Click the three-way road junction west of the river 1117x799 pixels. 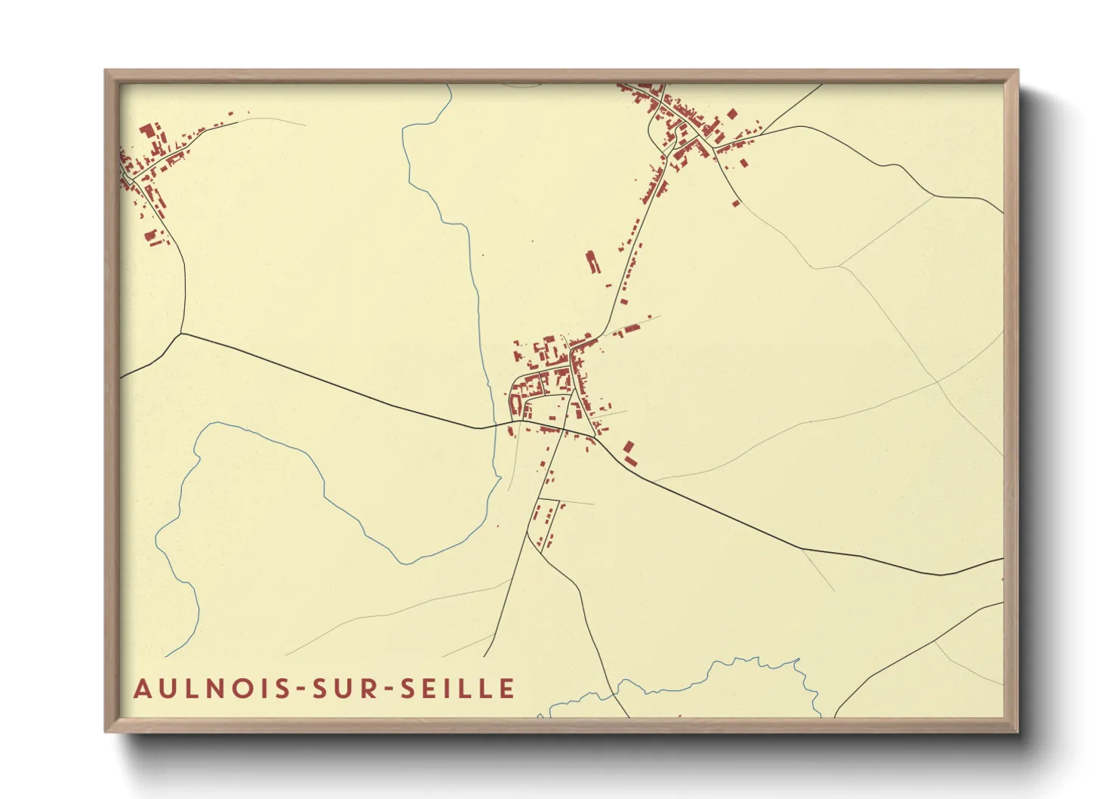(181, 332)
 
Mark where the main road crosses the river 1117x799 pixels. (494, 425)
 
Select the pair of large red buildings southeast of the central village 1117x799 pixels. (629, 453)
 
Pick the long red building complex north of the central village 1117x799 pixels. (592, 262)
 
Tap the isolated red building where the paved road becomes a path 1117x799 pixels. (736, 202)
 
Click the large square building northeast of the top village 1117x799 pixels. (731, 114)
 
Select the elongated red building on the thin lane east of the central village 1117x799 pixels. (628, 329)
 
